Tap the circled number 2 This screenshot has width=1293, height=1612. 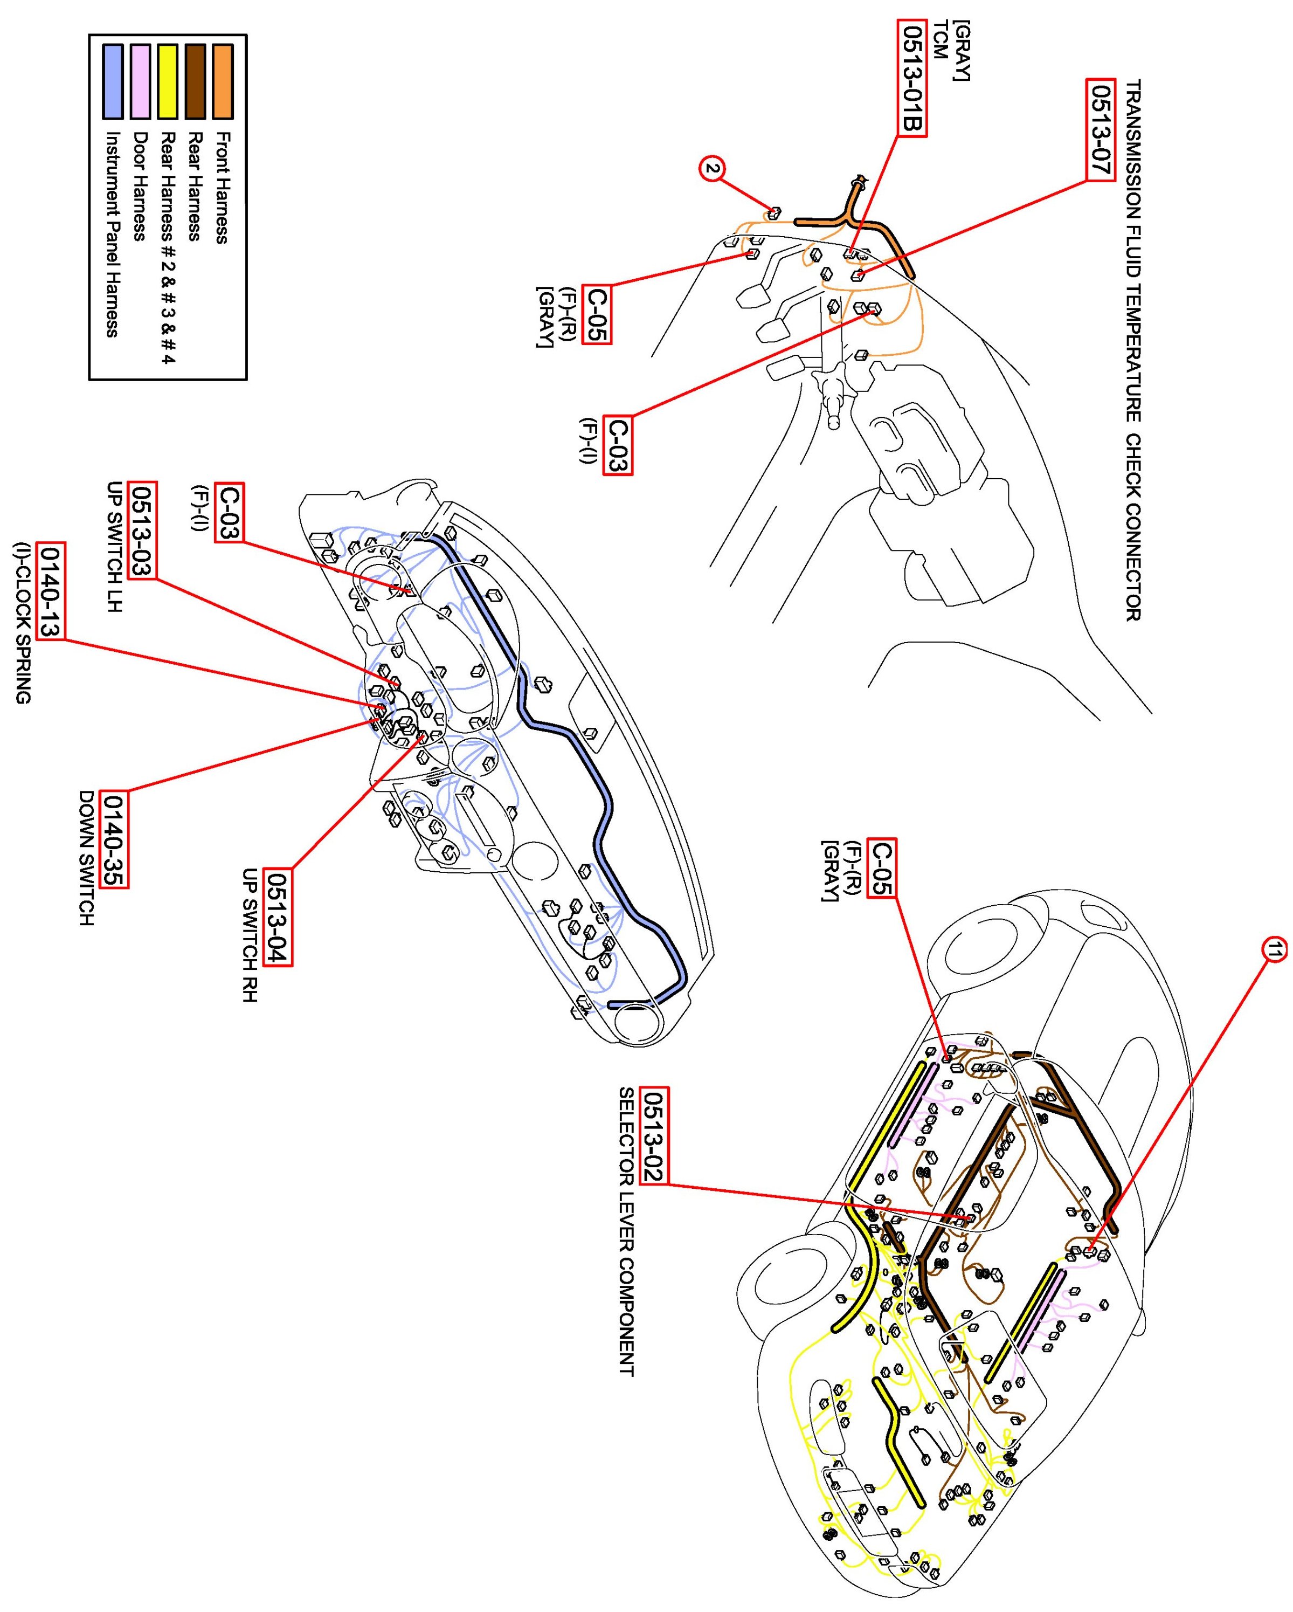(713, 169)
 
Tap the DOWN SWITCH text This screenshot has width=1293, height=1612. (87, 858)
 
